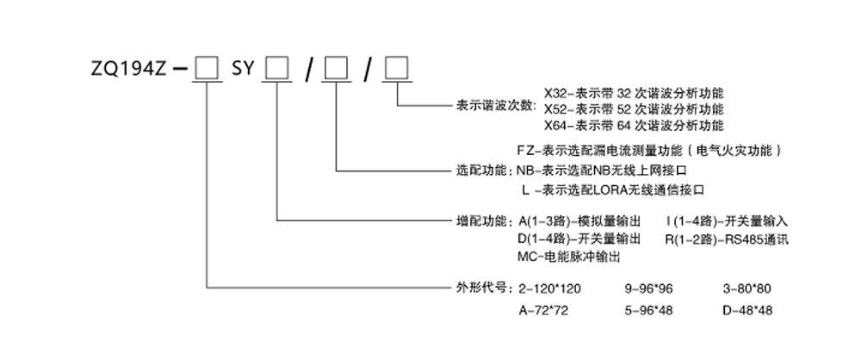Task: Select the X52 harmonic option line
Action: [635, 109]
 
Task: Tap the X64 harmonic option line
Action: [635, 126]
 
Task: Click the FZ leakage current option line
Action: [651, 151]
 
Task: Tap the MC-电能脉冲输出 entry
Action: [569, 256]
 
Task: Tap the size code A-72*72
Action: [545, 307]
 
